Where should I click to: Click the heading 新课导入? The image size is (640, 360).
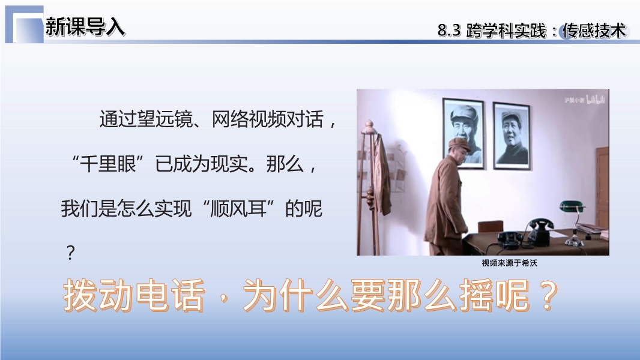coord(85,27)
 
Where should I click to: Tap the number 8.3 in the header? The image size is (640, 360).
coord(449,31)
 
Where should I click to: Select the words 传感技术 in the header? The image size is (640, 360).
coord(594,31)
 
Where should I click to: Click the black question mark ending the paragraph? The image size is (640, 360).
coord(71,253)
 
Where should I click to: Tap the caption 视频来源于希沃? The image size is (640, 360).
coord(509,263)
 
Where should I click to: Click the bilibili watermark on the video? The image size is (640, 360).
coord(595,100)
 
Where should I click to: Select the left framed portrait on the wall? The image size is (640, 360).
coord(463,133)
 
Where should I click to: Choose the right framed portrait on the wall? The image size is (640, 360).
coord(512,136)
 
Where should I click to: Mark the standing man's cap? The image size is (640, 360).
coord(459,143)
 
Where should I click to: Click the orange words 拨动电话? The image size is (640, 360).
coord(134,295)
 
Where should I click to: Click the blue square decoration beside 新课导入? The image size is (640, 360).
coord(25,25)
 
